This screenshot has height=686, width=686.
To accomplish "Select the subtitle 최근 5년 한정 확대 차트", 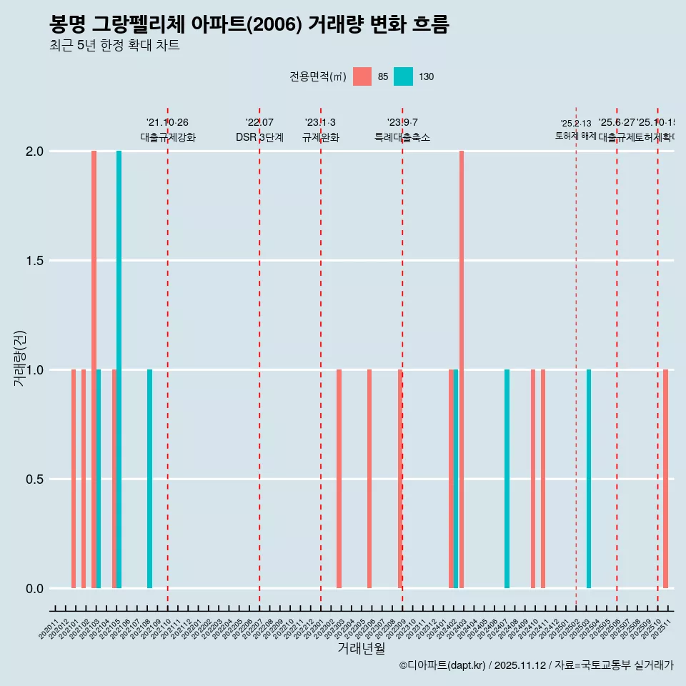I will tap(114, 46).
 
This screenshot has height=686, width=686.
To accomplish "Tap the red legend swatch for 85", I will tap(362, 76).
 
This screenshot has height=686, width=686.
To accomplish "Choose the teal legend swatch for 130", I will tap(404, 76).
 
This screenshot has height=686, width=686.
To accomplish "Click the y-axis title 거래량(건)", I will tap(19, 358).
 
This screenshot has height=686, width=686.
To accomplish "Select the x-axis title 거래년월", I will tap(361, 648).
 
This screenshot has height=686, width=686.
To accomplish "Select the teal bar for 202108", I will tap(150, 479).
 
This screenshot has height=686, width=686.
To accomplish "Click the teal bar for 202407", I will tap(507, 479).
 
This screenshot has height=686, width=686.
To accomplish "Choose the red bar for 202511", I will tap(665, 479).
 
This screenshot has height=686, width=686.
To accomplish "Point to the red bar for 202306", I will tap(369, 479).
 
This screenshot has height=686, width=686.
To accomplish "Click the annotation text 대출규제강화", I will tap(167, 137).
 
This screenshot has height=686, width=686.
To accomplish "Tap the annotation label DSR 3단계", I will tap(259, 137).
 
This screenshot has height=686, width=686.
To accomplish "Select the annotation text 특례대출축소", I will tap(402, 137).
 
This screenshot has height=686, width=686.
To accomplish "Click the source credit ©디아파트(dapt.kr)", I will tap(443, 665).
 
